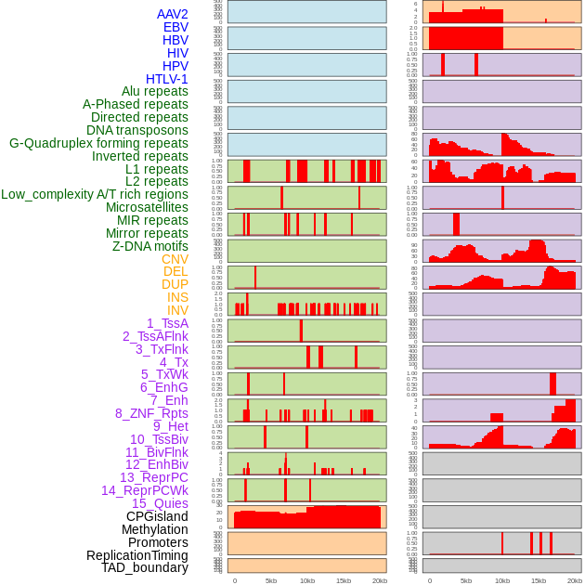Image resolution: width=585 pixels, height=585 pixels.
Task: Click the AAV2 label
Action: coord(172,14)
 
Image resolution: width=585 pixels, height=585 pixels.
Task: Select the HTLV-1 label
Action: coord(166,79)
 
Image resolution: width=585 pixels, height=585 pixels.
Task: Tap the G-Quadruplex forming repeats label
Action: coord(98,143)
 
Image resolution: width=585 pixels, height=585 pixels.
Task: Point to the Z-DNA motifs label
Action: coord(149,246)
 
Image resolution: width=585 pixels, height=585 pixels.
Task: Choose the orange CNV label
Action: coord(175,259)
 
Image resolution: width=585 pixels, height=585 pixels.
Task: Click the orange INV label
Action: coord(177,310)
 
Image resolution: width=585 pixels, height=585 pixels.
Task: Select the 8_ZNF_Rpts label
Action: coord(151,413)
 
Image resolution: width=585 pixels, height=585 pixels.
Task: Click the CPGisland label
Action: coord(157,516)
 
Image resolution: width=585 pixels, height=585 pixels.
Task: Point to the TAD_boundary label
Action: coord(144,567)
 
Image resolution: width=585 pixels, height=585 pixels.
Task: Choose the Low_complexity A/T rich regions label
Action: coord(95,194)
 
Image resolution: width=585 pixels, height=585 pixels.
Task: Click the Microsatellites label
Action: coord(147,207)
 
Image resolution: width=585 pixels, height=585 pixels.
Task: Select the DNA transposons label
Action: coord(137,130)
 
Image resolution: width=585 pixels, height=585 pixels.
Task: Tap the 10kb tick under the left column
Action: coord(307,580)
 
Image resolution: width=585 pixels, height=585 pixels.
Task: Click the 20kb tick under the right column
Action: coord(575,580)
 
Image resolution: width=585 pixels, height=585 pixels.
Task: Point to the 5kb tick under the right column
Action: coord(466,580)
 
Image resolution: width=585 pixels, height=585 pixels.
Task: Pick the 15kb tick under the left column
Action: coord(344,580)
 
